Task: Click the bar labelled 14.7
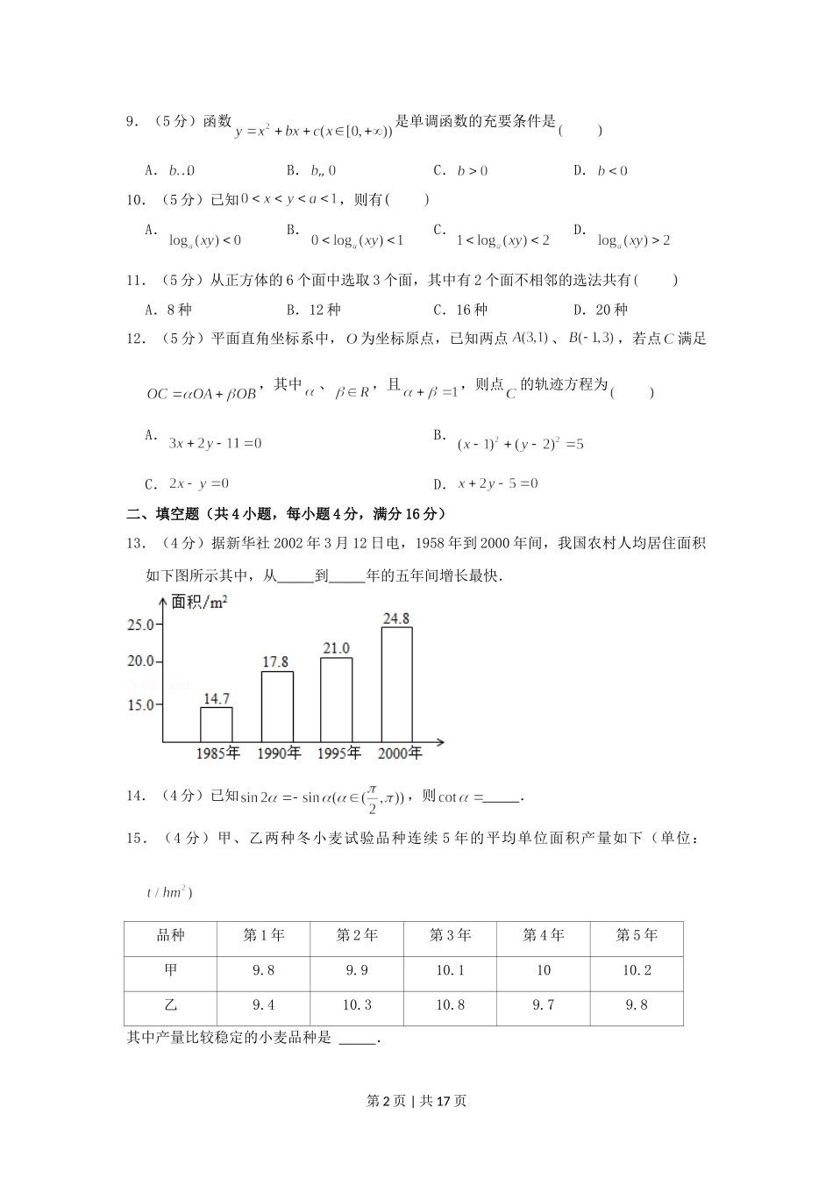[216, 725]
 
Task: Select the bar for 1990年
[277, 707]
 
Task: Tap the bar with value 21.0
[336, 700]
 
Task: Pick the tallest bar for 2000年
[396, 685]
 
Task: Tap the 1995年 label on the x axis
[338, 753]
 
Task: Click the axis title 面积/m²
[199, 602]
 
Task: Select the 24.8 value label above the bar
[396, 618]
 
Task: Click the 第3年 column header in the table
[450, 935]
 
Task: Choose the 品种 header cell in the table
[170, 935]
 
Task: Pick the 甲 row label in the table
[170, 970]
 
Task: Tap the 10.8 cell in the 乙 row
[450, 1005]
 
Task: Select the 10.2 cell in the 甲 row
[637, 970]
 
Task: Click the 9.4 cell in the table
[263, 1005]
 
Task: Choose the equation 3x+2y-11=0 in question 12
[215, 444]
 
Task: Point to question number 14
[136, 796]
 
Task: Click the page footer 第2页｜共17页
[416, 1101]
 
